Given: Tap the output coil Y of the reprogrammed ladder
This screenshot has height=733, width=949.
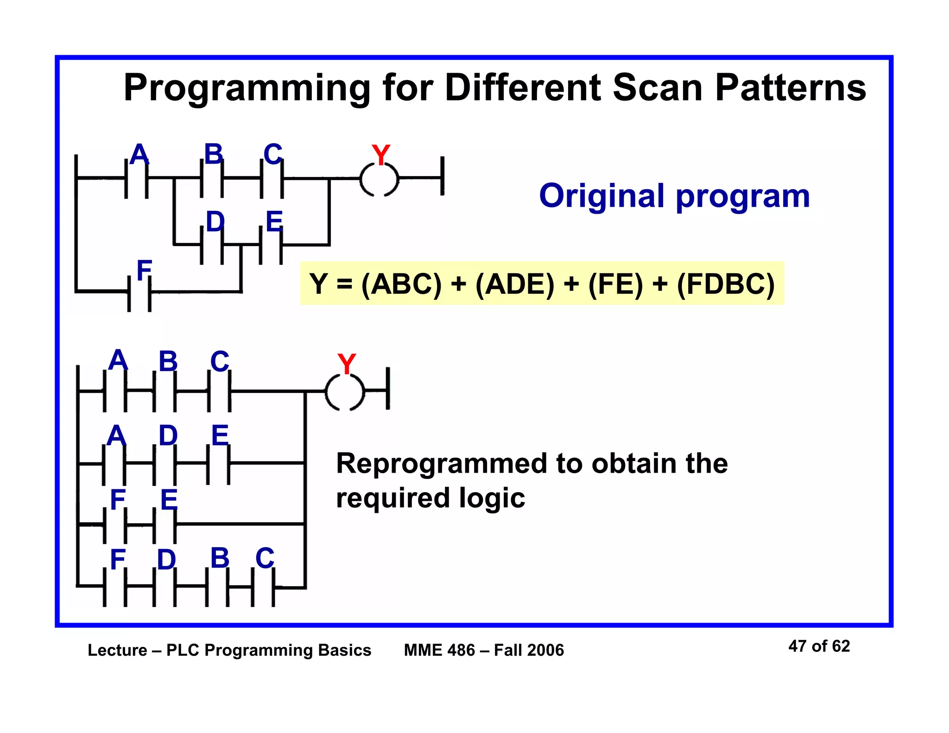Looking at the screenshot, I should (345, 392).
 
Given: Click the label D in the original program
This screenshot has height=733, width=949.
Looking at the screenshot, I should (215, 221).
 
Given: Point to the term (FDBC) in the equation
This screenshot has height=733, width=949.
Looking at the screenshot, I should (726, 284).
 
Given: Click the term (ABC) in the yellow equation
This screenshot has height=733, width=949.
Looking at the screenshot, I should (401, 284).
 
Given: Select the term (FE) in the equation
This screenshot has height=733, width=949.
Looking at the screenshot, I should (616, 284).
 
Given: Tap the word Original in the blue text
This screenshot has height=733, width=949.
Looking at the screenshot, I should (602, 196).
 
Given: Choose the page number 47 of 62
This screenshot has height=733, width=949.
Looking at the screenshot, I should (819, 646).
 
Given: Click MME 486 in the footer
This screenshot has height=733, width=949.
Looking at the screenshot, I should (439, 650).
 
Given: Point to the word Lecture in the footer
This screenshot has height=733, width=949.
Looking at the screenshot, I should (117, 650).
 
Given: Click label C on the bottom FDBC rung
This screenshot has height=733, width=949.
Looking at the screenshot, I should (265, 558).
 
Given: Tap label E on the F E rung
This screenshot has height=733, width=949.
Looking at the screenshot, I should (169, 500).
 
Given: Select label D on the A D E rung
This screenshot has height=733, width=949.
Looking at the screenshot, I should (168, 436).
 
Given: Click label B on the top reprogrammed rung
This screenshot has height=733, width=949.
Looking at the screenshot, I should (168, 361).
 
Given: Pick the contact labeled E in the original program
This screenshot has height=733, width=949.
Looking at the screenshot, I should (271, 244).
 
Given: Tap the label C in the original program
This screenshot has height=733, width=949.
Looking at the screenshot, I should (272, 154).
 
